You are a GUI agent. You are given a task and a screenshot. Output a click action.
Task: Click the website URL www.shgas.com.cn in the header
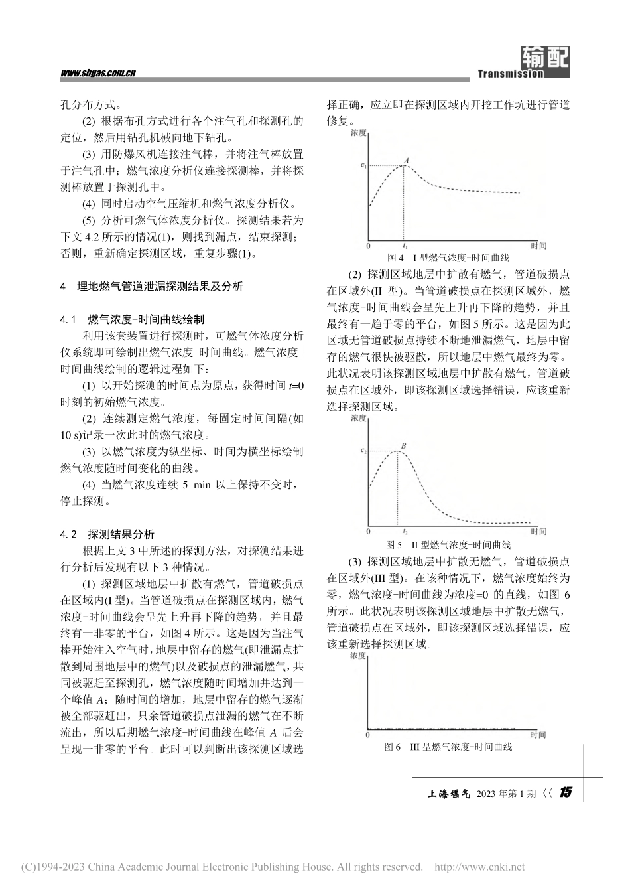(97, 73)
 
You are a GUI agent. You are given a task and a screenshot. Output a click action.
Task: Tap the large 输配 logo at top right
(545, 58)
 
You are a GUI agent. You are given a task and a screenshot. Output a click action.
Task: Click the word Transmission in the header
(510, 74)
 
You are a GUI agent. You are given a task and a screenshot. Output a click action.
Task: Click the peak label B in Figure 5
(403, 446)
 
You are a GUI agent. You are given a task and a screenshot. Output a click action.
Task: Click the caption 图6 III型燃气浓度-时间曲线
(448, 747)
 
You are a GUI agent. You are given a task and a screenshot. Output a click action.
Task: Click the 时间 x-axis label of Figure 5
(538, 532)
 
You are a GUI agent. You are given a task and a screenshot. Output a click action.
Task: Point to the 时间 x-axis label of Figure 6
(538, 735)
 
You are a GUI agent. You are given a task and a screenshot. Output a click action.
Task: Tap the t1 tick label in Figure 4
(405, 246)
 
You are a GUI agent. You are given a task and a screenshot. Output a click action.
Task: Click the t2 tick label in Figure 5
(405, 532)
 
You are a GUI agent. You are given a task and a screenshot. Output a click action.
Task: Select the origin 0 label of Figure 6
(369, 735)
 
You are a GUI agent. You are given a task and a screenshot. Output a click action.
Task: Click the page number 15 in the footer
(566, 792)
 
